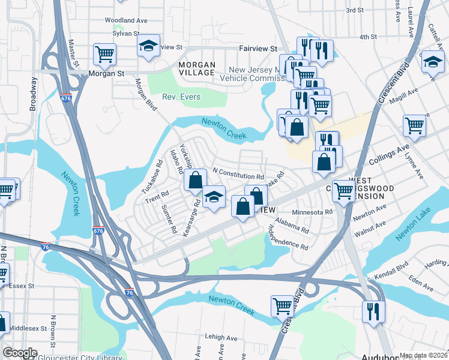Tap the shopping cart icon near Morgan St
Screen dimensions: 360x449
pos(105,54)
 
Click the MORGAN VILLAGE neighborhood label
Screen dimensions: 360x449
pos(196,68)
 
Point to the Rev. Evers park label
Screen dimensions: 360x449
pos(181,97)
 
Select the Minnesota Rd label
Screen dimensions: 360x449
pos(312,212)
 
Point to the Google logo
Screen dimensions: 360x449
pos(20,353)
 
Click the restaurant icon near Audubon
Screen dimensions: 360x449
pos(373,311)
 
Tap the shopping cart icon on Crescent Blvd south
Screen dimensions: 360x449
pos(282,305)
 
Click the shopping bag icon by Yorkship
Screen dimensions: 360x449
pos(196,179)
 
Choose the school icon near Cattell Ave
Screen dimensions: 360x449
pos(432,61)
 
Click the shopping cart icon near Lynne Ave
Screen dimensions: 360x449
pos(414,125)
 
